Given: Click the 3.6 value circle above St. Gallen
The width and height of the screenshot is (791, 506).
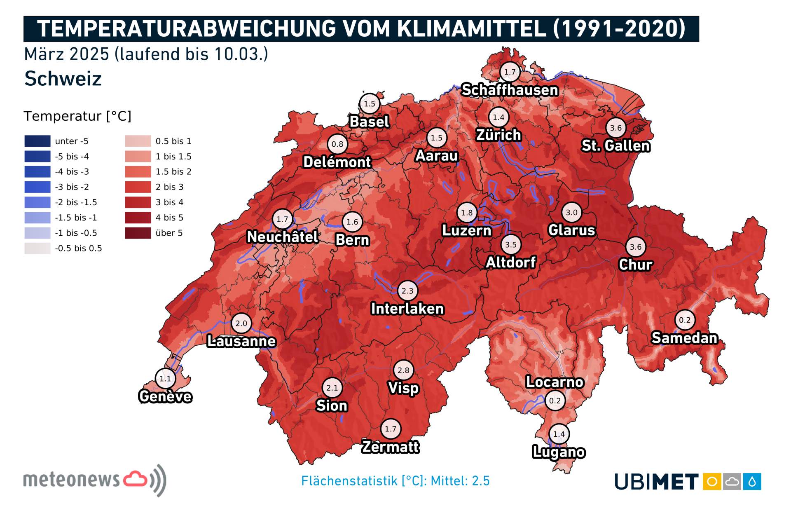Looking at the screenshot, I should [615, 128].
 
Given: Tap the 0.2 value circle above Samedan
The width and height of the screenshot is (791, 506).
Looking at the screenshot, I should [685, 320].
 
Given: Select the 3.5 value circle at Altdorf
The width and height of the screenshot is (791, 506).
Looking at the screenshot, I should [511, 244].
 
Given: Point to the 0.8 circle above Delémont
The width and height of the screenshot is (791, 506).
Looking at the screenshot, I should [337, 144].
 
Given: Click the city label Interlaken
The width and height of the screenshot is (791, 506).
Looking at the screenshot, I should [407, 309].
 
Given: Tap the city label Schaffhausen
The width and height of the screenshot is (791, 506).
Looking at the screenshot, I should [510, 90].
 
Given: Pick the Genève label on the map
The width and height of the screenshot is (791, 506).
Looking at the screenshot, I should [165, 396].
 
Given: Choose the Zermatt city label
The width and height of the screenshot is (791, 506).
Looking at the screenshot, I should [390, 447].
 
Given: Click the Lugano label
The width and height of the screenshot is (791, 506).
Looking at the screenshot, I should [559, 452].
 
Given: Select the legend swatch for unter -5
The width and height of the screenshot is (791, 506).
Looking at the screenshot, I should [37, 141].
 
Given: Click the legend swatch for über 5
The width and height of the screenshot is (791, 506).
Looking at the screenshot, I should [138, 233].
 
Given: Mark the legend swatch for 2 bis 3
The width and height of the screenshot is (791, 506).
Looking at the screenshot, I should [138, 187].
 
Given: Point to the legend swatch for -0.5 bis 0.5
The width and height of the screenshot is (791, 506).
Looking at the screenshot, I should [37, 248].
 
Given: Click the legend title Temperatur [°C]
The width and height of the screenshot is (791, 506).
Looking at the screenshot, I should [77, 116].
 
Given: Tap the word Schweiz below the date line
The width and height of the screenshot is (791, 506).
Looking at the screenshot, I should [63, 79].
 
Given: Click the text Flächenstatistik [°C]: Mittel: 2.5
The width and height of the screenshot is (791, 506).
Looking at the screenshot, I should [395, 481].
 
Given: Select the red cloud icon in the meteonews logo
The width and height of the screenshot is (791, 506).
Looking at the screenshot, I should [135, 479].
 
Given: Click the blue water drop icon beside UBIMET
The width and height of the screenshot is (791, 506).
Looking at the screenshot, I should [752, 481].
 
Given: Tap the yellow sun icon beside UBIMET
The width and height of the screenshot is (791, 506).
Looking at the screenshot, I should [712, 481].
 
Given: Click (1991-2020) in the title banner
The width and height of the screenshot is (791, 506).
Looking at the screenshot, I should [619, 29].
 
